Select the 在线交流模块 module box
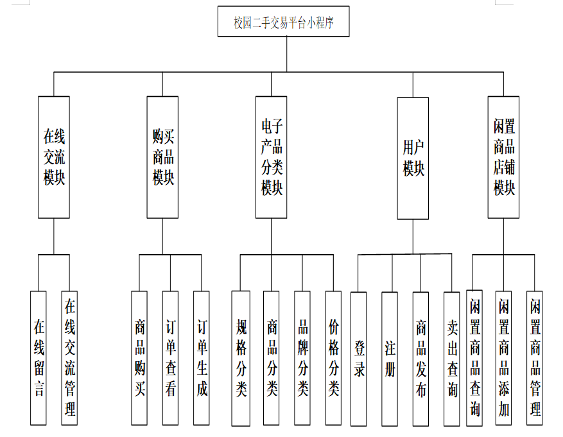(x=54, y=157)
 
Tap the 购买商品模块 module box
(x=162, y=157)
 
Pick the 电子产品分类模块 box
(x=271, y=157)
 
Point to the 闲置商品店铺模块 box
(x=503, y=157)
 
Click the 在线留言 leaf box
(x=39, y=358)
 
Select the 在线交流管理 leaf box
(x=69, y=358)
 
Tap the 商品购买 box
(x=139, y=358)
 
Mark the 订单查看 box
(x=170, y=358)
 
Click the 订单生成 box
(x=202, y=358)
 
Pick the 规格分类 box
(x=241, y=358)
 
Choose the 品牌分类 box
(x=302, y=358)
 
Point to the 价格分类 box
(x=333, y=358)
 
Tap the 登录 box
(x=359, y=359)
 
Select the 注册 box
(x=390, y=359)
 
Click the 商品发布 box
(x=420, y=359)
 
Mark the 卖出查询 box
(x=452, y=359)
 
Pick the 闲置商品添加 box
(x=504, y=358)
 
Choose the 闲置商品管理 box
(x=535, y=358)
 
